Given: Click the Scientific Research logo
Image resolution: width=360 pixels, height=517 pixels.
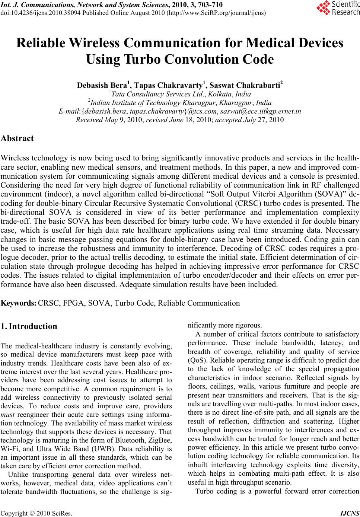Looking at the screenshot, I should point(338,9).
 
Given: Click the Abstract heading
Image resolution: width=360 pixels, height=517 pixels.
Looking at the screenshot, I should point(17,138).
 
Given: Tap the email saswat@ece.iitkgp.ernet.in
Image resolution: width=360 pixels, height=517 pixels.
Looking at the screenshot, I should point(261,111).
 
